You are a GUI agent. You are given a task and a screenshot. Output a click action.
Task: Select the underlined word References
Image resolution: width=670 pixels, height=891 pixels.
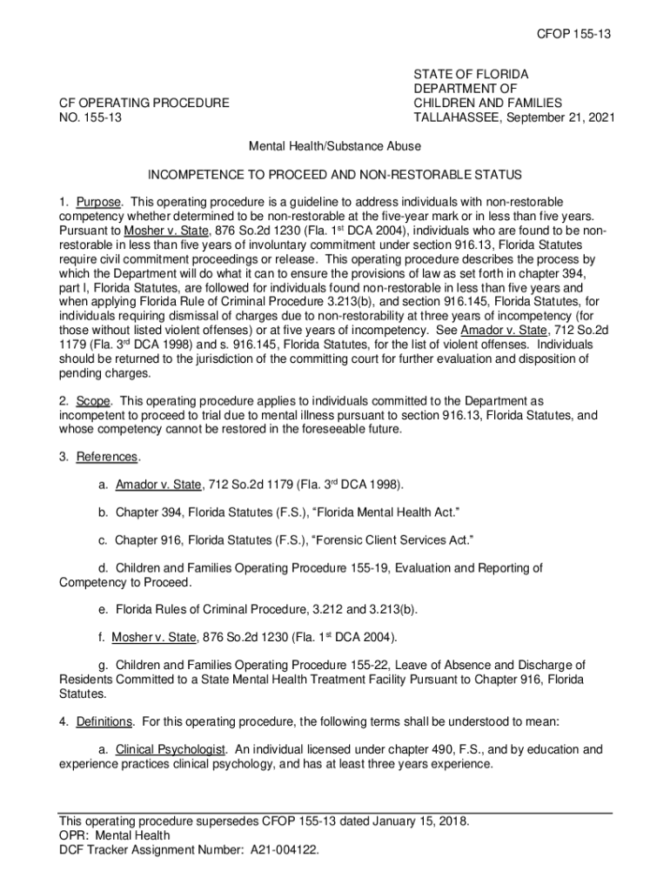point(107,457)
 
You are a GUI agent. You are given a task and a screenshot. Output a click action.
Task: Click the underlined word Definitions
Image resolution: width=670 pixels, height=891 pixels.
point(104,721)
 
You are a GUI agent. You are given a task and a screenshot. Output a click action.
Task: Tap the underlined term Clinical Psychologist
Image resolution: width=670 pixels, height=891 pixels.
point(171,749)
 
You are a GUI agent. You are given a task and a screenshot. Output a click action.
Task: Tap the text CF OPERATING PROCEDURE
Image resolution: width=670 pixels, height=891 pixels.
point(144,103)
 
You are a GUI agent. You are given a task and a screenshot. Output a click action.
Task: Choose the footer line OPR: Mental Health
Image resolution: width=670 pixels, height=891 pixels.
point(114,836)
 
